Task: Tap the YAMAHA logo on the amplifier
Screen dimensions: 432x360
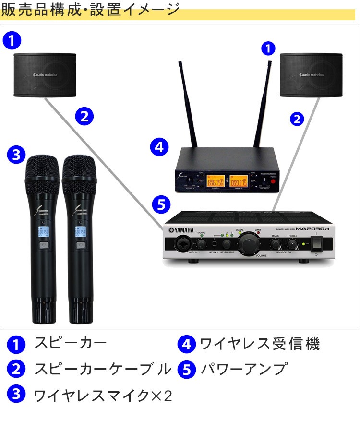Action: pos(181,229)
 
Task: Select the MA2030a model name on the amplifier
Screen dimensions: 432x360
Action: pos(312,228)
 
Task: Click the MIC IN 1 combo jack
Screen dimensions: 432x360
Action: pos(182,244)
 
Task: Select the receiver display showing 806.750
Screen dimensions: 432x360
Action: pos(215,182)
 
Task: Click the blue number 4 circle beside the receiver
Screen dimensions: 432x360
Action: pos(159,146)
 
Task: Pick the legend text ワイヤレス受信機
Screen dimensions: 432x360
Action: pos(259,344)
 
